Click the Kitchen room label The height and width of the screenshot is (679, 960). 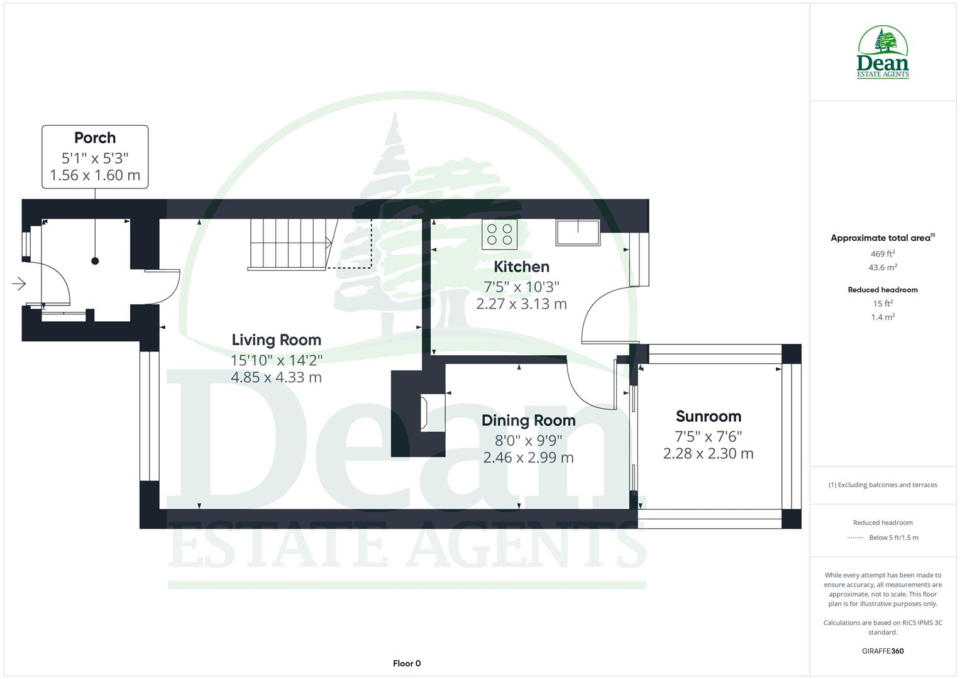[x=521, y=267]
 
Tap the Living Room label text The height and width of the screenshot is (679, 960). [x=276, y=340]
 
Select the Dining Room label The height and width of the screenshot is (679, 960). [x=528, y=421]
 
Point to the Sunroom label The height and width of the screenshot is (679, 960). [x=708, y=416]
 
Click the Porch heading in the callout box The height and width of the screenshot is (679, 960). [x=95, y=138]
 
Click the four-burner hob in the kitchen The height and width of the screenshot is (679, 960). [x=500, y=235]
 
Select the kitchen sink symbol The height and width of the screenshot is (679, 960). [x=577, y=233]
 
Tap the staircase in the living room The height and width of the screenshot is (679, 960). [x=289, y=244]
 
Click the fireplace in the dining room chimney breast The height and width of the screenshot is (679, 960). [x=433, y=413]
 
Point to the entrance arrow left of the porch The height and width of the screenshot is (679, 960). [x=19, y=284]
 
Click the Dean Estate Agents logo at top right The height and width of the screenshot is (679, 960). [x=883, y=53]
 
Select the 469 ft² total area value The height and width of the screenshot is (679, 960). [x=883, y=254]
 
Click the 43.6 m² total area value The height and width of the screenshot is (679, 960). [x=883, y=267]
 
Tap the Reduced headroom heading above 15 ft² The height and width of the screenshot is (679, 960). [x=883, y=290]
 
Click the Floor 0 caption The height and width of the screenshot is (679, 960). [x=407, y=663]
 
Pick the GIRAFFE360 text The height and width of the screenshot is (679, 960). [x=883, y=651]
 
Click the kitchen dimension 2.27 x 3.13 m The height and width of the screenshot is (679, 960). [x=521, y=304]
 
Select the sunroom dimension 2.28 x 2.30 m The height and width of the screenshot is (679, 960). [x=708, y=453]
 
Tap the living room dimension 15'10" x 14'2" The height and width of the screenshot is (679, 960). [x=276, y=360]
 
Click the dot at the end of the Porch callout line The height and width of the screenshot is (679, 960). [x=95, y=261]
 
